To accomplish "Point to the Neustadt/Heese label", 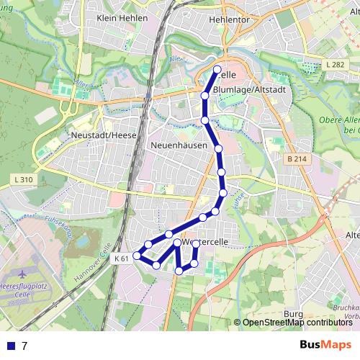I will click(104, 135).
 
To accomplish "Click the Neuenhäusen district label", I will click(180, 145).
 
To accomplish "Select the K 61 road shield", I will click(121, 258).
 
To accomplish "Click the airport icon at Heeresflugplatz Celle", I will click(22, 274).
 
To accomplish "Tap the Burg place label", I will click(294, 315).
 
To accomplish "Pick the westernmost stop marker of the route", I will click(137, 256).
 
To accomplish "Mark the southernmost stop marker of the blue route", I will click(179, 271).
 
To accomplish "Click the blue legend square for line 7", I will click(9, 346).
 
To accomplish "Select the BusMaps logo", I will click(325, 345).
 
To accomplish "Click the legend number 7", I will click(24, 346).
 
